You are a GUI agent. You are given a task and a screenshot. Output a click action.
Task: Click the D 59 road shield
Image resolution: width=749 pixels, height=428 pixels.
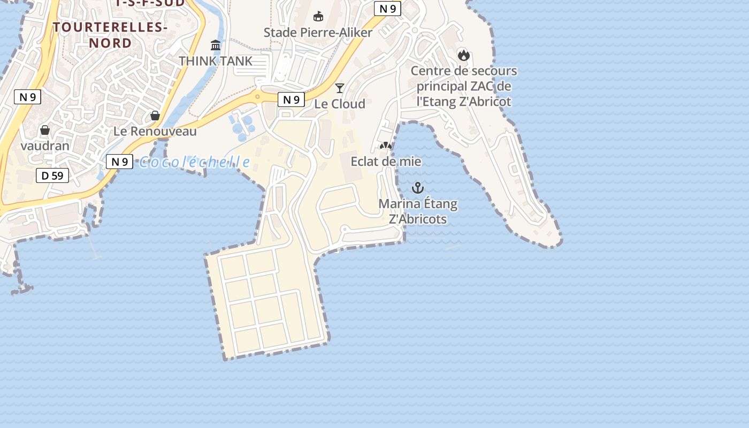(52, 175)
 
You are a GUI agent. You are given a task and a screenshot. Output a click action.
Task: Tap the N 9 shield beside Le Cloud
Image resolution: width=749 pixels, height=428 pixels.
(291, 100)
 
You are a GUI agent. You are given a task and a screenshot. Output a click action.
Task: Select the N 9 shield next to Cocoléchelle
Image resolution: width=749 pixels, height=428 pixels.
(119, 162)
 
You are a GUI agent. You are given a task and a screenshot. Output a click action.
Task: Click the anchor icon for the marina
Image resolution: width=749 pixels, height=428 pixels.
(417, 188)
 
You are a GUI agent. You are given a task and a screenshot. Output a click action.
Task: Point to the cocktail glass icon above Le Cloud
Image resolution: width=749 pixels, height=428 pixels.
(339, 88)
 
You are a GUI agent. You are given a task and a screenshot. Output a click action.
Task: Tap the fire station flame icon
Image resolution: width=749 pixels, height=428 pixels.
(463, 55)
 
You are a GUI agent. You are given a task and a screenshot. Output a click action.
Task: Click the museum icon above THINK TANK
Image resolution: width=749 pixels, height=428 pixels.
(216, 45)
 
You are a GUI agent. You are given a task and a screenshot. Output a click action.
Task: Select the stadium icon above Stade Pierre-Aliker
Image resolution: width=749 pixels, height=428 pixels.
(318, 17)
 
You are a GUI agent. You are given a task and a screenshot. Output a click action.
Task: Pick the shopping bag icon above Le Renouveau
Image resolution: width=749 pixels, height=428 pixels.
(155, 116)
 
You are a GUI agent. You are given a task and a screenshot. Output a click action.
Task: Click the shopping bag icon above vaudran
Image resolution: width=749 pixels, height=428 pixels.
(45, 130)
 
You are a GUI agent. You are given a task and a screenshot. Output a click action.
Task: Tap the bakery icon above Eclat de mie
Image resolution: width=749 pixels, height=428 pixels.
(385, 146)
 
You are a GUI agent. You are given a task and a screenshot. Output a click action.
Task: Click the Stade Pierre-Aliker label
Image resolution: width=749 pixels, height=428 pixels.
(318, 33)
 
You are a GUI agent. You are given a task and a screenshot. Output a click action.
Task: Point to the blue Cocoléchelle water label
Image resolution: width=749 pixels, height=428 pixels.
(194, 162)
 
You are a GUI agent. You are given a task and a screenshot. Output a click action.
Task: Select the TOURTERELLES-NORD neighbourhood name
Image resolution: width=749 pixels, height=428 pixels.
(110, 35)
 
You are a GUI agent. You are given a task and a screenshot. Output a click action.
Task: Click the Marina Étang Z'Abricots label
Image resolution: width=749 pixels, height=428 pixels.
(418, 211)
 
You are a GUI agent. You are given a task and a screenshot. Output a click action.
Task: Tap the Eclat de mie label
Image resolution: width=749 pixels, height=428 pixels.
(386, 161)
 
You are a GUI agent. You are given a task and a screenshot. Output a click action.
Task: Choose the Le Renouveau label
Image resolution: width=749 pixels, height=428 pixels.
(155, 131)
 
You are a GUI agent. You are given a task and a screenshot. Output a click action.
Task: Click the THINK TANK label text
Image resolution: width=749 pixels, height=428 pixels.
(216, 61)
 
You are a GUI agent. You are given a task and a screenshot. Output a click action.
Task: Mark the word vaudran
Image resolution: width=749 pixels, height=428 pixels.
(45, 146)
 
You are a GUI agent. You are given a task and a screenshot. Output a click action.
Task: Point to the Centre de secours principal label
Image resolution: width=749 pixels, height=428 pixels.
(464, 86)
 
